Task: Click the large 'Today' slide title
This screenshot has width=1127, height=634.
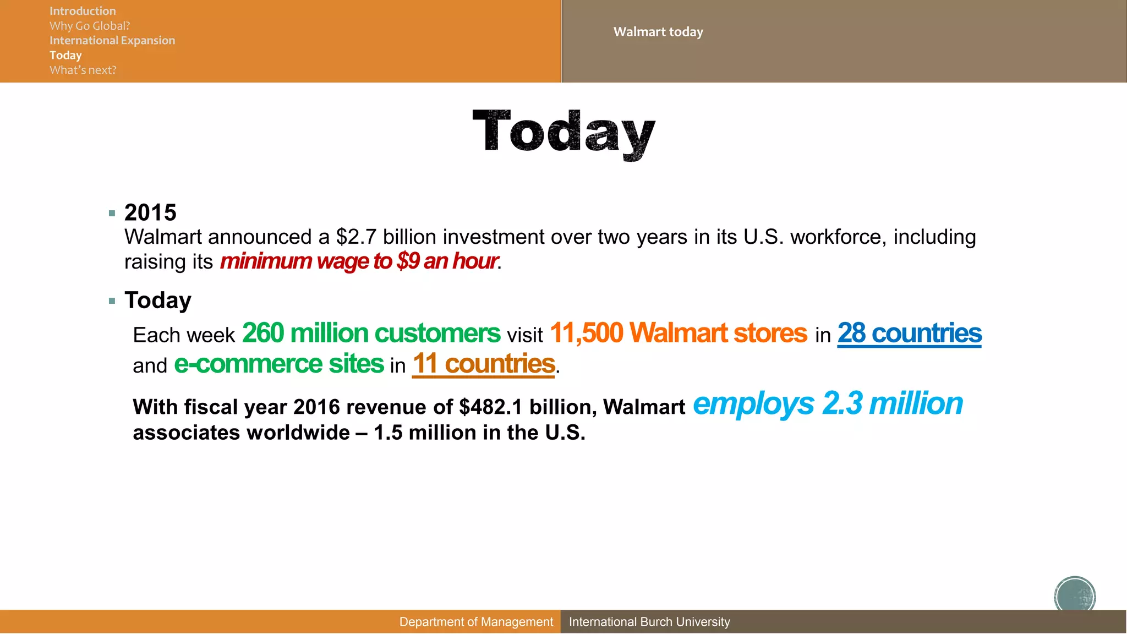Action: coord(563,132)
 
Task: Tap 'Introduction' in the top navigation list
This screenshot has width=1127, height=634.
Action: coord(83,11)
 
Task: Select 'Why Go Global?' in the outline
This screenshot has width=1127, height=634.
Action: coord(90,26)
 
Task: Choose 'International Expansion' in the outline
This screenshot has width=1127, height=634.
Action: coord(112,41)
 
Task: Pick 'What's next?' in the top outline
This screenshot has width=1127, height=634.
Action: coord(83,70)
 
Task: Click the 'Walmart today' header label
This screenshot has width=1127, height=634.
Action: coord(658,32)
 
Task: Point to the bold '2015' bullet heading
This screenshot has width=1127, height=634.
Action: coord(150,212)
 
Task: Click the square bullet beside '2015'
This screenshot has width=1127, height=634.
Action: coord(112,214)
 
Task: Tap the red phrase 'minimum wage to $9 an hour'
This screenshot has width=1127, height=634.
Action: coord(359,261)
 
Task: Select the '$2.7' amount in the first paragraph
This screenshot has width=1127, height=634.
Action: coord(356,237)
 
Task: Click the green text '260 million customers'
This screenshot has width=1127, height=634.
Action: coord(371,334)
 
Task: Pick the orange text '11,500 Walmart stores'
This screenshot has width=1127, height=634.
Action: coord(678,334)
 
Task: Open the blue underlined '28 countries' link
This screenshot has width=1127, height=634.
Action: coord(909,334)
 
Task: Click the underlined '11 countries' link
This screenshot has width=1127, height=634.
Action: coord(483,364)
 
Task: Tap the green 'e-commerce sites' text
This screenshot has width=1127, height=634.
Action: coord(279,364)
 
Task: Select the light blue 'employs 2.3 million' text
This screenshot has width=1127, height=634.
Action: coord(828,404)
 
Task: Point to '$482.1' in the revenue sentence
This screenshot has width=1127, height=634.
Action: coord(490,407)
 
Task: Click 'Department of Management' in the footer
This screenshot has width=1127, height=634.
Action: coord(476,622)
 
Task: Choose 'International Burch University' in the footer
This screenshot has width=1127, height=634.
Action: coord(649,622)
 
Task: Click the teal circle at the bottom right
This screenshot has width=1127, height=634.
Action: coord(1075,595)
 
